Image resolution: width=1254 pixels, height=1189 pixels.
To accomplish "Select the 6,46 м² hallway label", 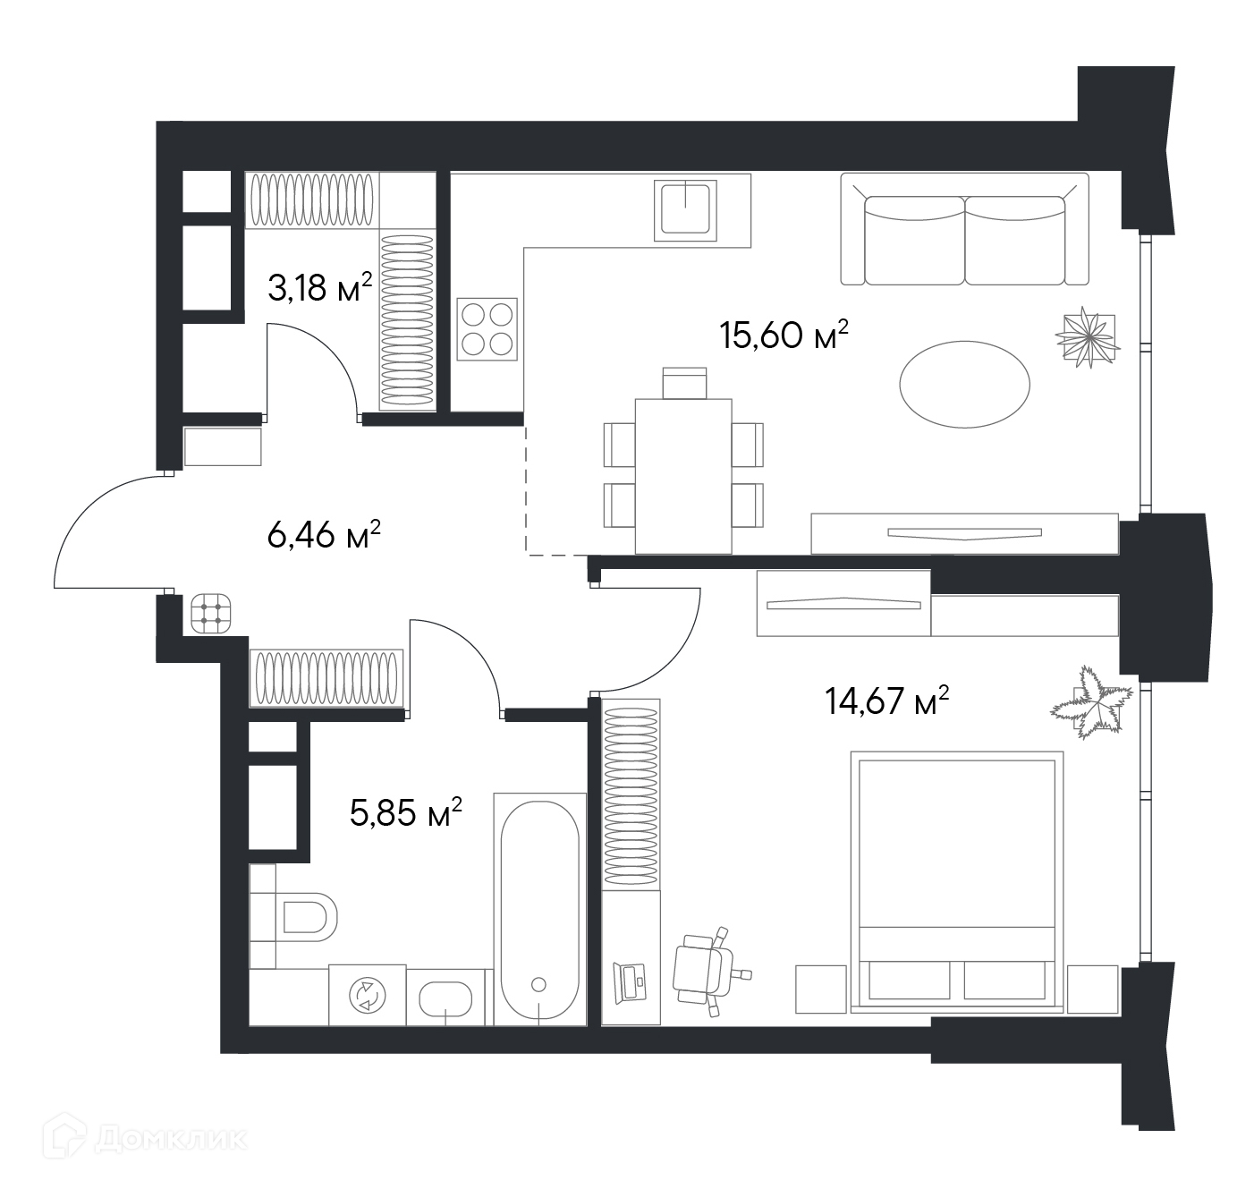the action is pos(324,534).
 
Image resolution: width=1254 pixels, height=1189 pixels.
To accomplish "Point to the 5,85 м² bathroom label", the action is pos(406,812).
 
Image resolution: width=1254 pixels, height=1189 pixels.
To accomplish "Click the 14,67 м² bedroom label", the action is pos(886,701).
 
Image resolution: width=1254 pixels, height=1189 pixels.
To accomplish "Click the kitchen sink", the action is pos(685,210).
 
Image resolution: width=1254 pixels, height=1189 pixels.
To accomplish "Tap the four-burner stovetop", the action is pos(487,328).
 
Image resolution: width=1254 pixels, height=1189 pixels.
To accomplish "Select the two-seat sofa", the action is pos(964,228).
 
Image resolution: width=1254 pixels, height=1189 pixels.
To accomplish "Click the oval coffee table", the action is pos(964,384).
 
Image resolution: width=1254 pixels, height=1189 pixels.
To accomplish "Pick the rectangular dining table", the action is pos(683,475).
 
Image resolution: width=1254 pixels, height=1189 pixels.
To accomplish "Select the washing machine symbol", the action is pos(368,995).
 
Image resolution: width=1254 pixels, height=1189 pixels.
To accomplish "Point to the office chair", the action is pos(708,971).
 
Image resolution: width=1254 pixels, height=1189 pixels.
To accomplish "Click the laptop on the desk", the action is pos(631,981).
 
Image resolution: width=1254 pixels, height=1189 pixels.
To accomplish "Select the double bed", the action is pos(957,881).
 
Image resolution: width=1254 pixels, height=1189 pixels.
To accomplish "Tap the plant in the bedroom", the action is pos(1091,702).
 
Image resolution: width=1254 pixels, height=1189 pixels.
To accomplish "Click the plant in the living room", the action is pos(1087,337).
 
